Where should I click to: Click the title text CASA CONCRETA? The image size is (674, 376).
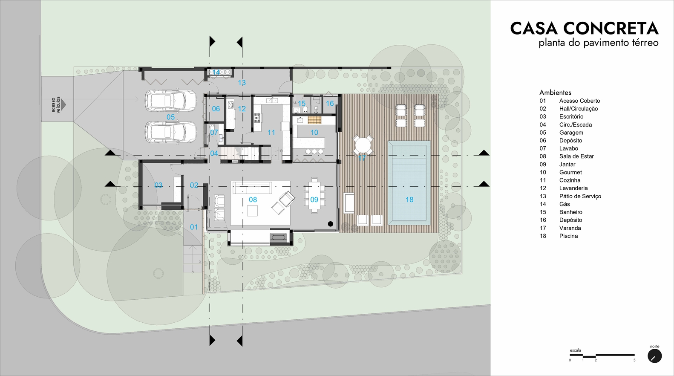[585, 28]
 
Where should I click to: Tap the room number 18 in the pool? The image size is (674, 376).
[409, 200]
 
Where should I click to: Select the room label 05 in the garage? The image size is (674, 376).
[170, 117]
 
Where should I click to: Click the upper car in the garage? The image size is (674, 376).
[170, 101]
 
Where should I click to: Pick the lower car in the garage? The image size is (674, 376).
[170, 132]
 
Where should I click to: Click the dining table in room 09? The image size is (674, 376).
[314, 195]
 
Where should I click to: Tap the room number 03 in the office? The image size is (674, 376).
[158, 185]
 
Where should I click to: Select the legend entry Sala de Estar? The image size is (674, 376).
[576, 156]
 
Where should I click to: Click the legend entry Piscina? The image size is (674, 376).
[568, 236]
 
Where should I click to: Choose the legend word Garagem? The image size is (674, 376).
[571, 133]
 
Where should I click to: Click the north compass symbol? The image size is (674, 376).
[654, 356]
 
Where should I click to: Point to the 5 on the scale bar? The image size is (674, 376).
[634, 360]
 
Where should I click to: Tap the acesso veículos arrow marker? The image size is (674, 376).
[63, 105]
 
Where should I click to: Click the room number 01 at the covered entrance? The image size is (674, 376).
[194, 227]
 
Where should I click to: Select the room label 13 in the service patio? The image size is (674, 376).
[242, 82]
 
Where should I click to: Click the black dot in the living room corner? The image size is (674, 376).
[330, 224]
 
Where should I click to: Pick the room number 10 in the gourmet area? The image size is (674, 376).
[314, 133]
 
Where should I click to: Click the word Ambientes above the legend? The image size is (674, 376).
[555, 93]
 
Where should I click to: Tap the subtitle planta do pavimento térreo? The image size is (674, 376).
[599, 43]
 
